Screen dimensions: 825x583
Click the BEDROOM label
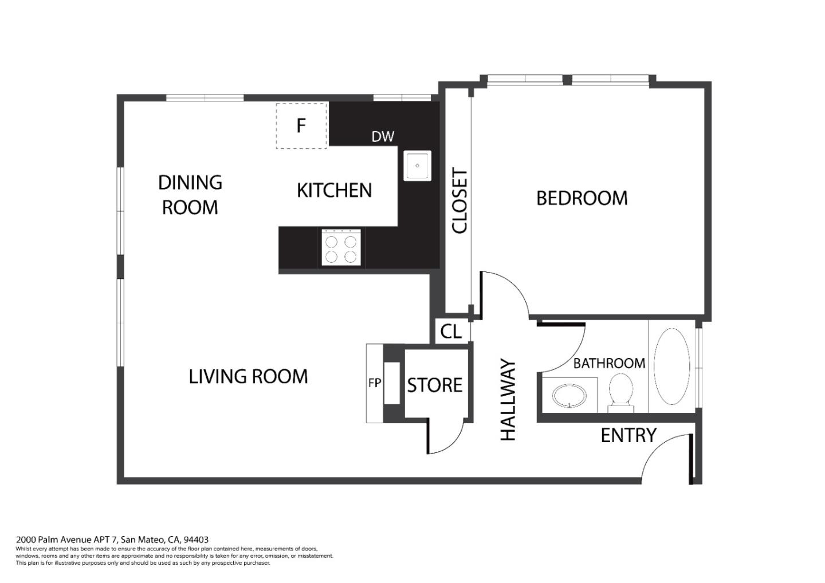click(582, 198)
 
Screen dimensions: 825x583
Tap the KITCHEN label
click(335, 191)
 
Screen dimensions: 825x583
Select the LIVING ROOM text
click(248, 376)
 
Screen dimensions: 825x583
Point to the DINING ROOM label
click(190, 195)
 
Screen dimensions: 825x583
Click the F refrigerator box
click(301, 126)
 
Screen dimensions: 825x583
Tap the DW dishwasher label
click(383, 137)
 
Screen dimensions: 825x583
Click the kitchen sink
click(417, 166)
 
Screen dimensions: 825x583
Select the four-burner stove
click(341, 247)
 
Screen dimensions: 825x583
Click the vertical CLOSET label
click(459, 201)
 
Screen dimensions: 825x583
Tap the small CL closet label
click(451, 332)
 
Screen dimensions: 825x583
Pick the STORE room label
click(435, 385)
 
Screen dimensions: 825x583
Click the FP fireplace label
click(375, 383)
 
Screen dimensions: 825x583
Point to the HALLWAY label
click(508, 400)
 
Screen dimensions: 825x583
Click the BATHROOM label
click(609, 364)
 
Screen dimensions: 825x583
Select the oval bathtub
click(672, 367)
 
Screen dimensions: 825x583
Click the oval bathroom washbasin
click(569, 396)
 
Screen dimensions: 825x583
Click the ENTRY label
click(628, 435)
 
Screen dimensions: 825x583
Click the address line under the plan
click(112, 539)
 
